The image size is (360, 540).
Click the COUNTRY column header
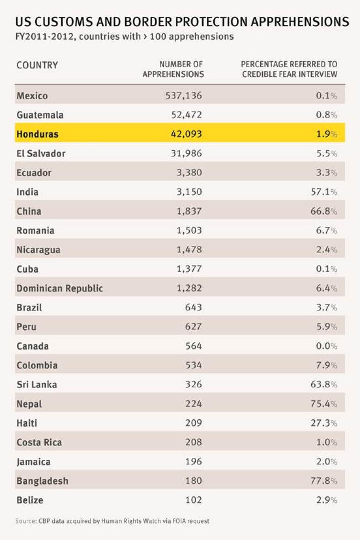[37, 65]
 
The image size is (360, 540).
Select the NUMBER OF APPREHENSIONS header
[173, 69]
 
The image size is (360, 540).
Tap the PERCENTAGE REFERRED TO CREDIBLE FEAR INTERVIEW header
[289, 69]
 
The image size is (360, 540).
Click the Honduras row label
[37, 134]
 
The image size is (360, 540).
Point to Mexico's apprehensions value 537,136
[183, 96]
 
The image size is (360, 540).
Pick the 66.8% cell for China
[323, 211]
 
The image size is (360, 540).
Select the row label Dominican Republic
[60, 288]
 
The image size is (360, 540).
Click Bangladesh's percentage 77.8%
[323, 481]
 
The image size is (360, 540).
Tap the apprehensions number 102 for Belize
[193, 500]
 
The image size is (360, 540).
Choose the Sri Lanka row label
[37, 384]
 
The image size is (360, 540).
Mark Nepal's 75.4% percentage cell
[323, 403]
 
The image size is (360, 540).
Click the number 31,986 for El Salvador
[186, 153]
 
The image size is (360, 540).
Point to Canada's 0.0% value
[327, 346]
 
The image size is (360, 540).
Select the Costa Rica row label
[39, 442]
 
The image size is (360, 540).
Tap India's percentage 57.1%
[324, 192]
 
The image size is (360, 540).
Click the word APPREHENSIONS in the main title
[299, 22]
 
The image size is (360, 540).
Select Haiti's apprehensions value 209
[193, 423]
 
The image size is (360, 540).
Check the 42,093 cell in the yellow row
[186, 134]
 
